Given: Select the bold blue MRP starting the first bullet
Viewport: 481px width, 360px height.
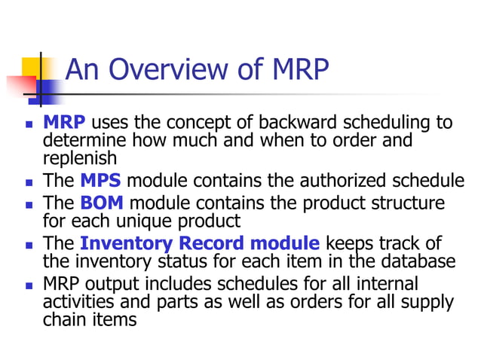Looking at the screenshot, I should tap(64, 123).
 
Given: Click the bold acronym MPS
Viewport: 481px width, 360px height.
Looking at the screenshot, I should tap(100, 181).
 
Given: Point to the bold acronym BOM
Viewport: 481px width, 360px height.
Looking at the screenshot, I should tap(102, 203).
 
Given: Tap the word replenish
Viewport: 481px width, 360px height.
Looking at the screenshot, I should tap(80, 158).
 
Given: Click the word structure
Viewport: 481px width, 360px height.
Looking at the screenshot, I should tap(405, 203).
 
